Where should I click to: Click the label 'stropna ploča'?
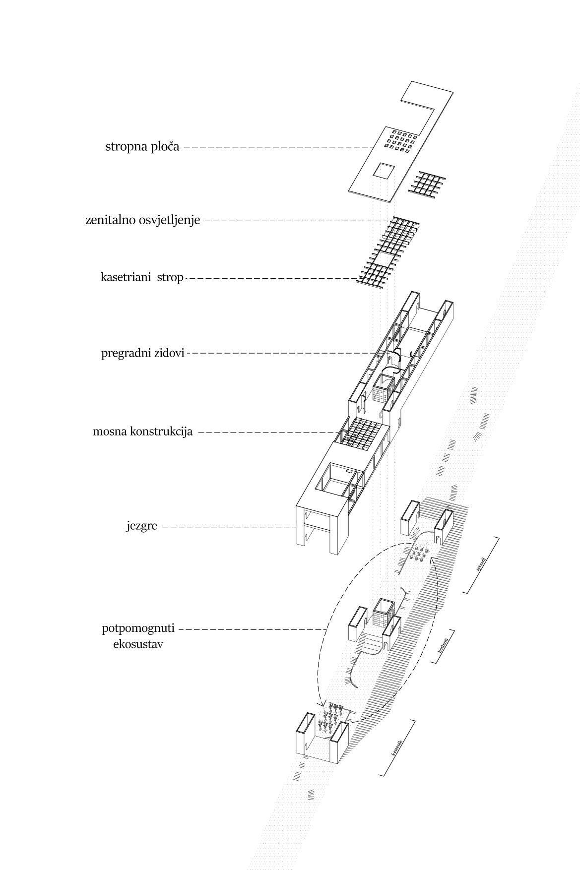(x=142, y=147)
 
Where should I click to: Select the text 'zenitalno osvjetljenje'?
(x=143, y=220)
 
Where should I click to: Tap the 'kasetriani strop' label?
(x=142, y=278)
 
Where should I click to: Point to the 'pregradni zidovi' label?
(x=143, y=354)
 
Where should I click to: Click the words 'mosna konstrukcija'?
(x=142, y=432)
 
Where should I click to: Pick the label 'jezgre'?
(x=141, y=526)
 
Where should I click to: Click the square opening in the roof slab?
(x=384, y=171)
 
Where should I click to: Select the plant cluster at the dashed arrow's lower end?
(x=332, y=715)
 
